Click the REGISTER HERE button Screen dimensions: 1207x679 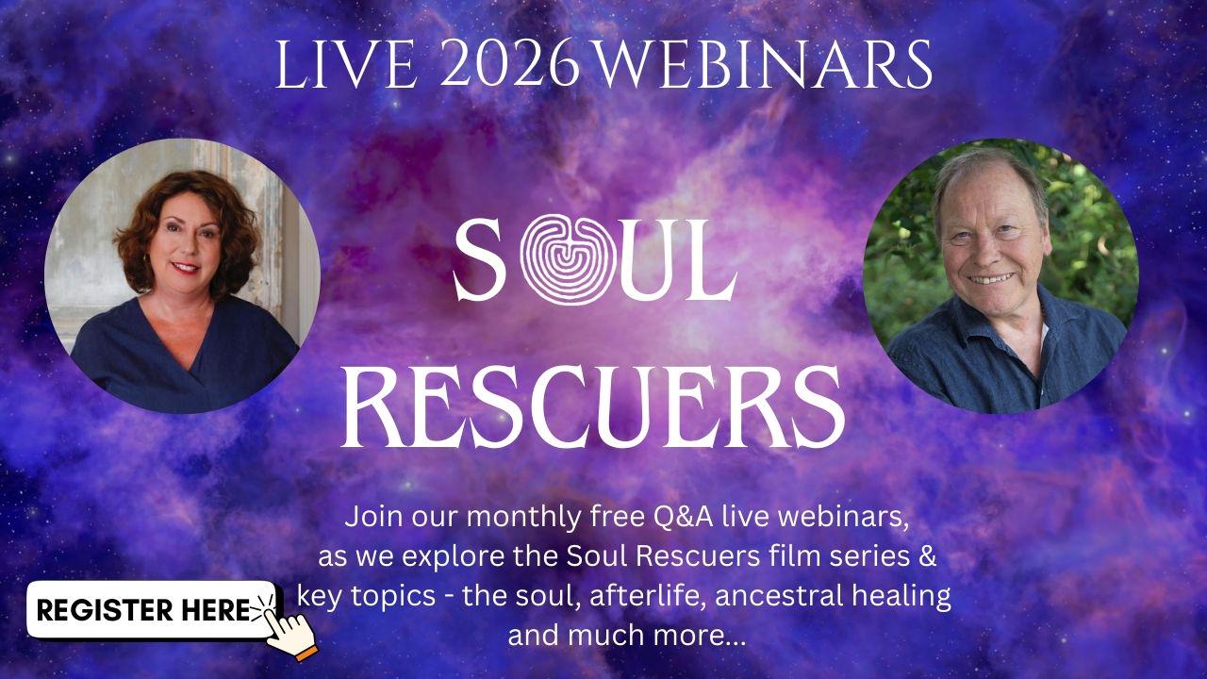tap(152, 610)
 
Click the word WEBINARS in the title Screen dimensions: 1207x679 tap(765, 65)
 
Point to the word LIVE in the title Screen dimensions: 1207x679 tap(345, 65)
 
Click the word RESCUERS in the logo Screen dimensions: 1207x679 tap(593, 406)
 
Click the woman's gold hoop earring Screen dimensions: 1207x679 tap(145, 259)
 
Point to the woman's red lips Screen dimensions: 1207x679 tap(186, 266)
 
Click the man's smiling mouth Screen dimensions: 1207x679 tap(990, 279)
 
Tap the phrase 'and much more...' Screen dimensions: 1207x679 tap(627, 636)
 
